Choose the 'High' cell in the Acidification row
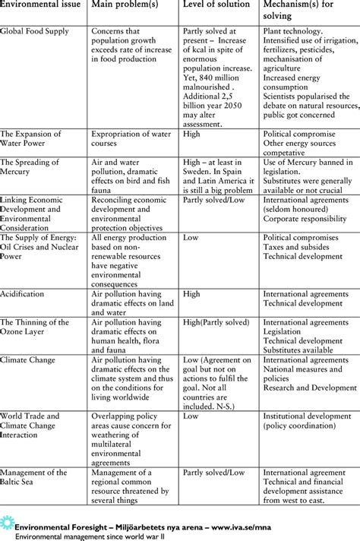point(192,293)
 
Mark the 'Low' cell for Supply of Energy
point(191,237)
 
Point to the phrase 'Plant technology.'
point(293,32)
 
